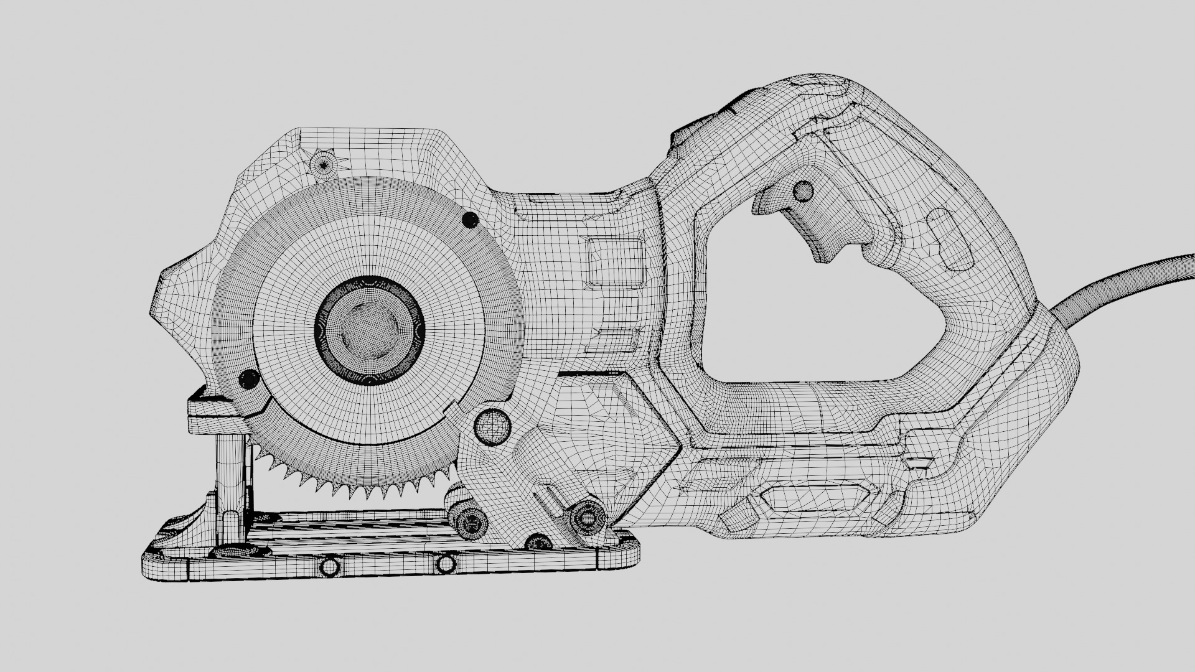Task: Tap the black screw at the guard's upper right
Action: [471, 219]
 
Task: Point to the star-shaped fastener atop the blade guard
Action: [324, 164]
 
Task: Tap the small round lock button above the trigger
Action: [804, 190]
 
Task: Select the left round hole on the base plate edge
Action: [328, 567]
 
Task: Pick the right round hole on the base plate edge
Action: [446, 565]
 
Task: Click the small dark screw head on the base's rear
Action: [537, 543]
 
